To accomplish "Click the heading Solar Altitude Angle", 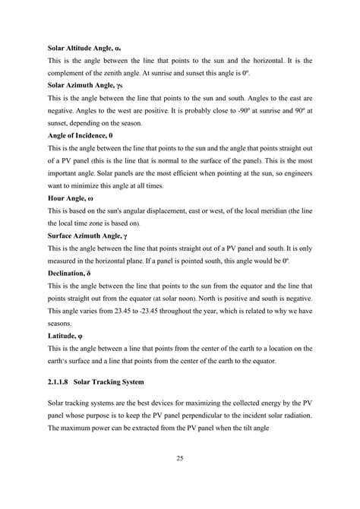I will tap(83, 48).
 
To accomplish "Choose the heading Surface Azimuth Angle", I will tap(87, 235).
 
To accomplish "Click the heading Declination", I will tap(72, 272).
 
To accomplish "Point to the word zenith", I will tap(125, 73).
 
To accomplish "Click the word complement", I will tap(68, 73).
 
